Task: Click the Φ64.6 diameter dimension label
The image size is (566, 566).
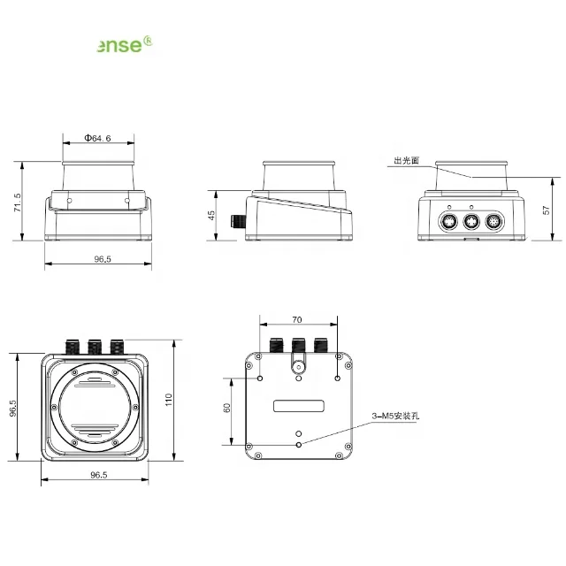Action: (x=97, y=139)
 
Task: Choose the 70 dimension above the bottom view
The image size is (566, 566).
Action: (x=297, y=319)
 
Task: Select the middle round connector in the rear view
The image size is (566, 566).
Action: (x=471, y=222)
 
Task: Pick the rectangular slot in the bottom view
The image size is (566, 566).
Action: (x=298, y=406)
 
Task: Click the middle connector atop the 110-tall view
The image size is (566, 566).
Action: (x=93, y=343)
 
